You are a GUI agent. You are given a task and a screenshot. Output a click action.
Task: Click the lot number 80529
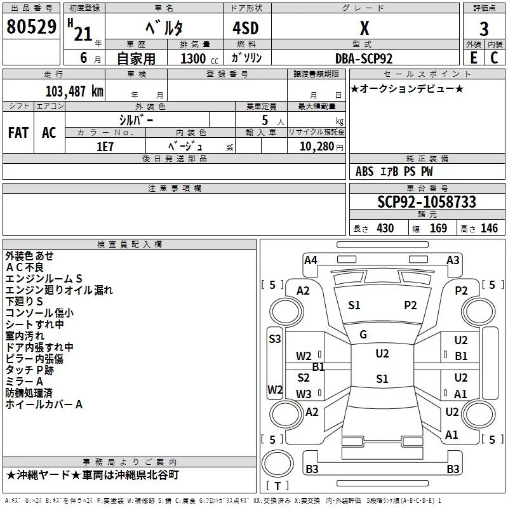(x=31, y=27)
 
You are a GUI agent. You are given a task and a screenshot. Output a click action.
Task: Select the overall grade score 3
(x=484, y=29)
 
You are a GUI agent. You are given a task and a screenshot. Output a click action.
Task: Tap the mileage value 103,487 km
(x=74, y=91)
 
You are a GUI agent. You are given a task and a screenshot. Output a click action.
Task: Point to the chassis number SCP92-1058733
(x=427, y=202)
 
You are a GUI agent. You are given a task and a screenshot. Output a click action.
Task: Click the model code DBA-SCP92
(x=364, y=58)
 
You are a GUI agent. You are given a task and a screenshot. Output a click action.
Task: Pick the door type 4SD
(x=246, y=28)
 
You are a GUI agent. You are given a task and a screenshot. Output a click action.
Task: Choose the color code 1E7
(x=105, y=147)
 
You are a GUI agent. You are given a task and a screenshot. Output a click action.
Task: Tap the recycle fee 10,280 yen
(x=321, y=147)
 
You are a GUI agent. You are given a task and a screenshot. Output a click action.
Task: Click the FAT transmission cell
(x=18, y=133)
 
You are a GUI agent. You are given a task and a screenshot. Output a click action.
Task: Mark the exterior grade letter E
(x=473, y=58)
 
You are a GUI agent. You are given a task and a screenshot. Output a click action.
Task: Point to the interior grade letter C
(x=494, y=58)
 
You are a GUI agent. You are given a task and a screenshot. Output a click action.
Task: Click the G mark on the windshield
(x=363, y=335)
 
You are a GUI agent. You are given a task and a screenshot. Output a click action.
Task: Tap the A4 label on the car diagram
(x=311, y=260)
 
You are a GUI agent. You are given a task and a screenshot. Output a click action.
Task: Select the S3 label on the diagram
(x=275, y=339)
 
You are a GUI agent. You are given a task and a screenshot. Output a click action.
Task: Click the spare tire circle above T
(x=277, y=464)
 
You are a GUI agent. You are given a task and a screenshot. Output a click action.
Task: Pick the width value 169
(x=438, y=229)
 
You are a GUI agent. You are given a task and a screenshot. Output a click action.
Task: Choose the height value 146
(x=489, y=229)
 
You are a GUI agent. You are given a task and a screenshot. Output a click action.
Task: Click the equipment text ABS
(x=364, y=171)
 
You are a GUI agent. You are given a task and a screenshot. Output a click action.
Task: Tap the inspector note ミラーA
(x=24, y=382)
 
